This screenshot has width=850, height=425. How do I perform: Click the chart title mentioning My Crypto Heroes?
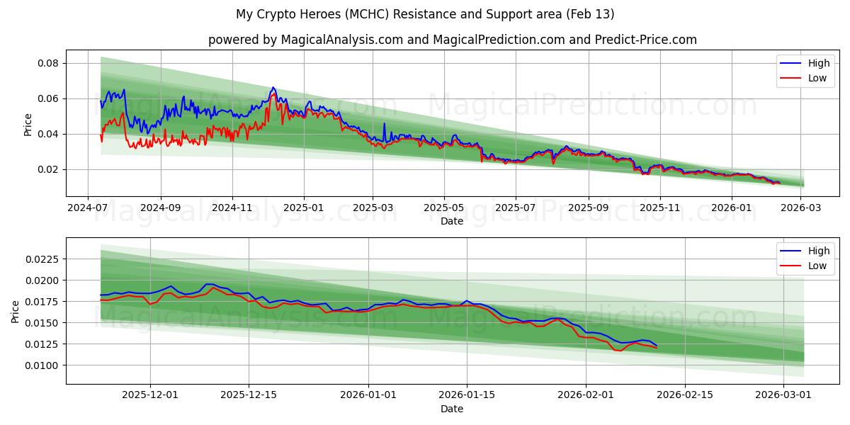click(x=425, y=14)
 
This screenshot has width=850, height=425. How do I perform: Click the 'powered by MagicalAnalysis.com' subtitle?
click(x=452, y=40)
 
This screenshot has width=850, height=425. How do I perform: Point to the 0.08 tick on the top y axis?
click(x=48, y=63)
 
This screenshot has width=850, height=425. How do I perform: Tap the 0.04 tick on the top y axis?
click(x=48, y=134)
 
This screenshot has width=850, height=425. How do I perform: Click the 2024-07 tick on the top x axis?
click(x=88, y=208)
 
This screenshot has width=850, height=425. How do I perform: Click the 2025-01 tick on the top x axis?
click(x=304, y=208)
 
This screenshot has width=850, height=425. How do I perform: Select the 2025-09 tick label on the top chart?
click(x=589, y=208)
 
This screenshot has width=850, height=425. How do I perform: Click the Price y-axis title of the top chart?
click(x=28, y=124)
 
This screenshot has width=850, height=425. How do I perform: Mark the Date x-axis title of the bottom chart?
click(x=452, y=409)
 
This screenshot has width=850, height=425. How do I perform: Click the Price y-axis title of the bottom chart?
click(x=16, y=311)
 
